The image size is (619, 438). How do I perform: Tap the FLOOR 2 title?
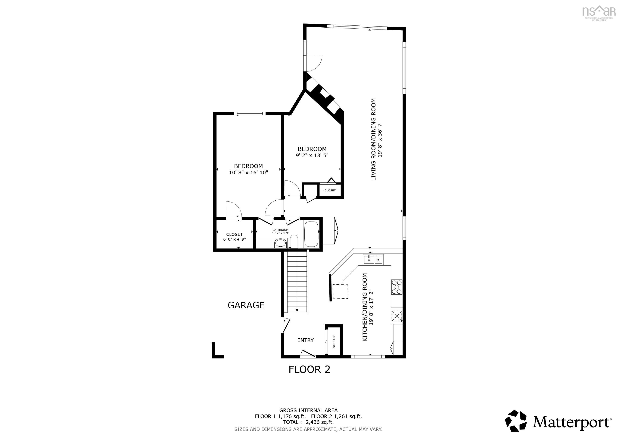[309, 369]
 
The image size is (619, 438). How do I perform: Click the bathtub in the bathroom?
[311, 234]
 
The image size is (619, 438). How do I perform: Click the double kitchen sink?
[373, 259]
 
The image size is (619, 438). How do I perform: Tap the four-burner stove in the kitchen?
[396, 287]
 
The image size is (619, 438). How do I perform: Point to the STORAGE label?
[334, 341]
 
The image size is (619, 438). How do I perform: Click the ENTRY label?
[305, 340]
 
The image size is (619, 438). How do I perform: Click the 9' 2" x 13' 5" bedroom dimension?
[312, 155]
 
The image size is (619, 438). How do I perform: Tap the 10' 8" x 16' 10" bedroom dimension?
[248, 173]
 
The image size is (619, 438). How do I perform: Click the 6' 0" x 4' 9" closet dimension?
[234, 239]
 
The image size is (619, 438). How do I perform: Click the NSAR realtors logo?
[599, 13]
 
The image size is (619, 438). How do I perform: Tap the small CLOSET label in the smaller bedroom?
[330, 190]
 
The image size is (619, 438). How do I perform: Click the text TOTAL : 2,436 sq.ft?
[308, 422]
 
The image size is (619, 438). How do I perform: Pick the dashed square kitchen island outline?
[340, 291]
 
